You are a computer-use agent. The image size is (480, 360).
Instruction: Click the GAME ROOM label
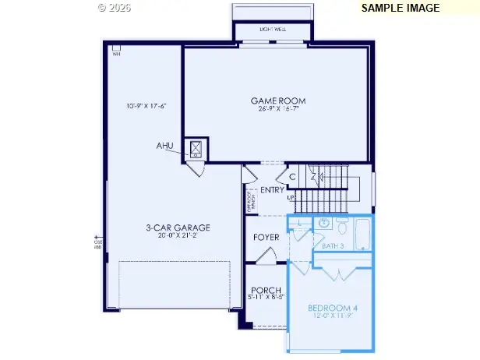(x=277, y=101)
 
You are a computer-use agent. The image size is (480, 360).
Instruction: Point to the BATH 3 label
(x=332, y=245)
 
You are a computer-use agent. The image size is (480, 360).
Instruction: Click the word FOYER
(x=266, y=237)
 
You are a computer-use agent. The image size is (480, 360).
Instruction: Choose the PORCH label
(x=265, y=290)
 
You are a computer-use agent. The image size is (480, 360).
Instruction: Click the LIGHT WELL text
(x=273, y=30)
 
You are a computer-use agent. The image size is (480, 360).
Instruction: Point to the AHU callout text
(x=165, y=146)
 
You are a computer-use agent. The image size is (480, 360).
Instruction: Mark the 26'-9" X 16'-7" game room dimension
(x=277, y=109)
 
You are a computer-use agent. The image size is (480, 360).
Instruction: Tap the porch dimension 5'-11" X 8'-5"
(x=265, y=298)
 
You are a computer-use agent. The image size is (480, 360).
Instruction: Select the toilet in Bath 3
(x=342, y=227)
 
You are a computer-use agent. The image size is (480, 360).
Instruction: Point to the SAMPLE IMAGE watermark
(x=401, y=8)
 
